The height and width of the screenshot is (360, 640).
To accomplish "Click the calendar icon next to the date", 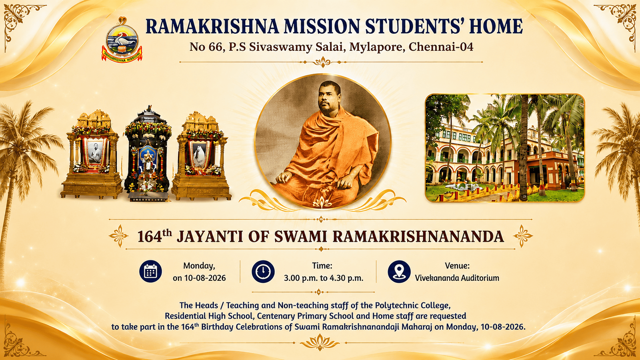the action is coord(150,271).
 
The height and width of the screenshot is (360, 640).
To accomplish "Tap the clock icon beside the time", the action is coord(263,271).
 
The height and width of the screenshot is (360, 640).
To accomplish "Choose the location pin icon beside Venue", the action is coord(399,271).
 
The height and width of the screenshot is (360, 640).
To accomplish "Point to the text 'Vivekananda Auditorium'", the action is coord(457,278).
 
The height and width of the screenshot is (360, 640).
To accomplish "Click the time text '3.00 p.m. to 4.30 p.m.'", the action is coord(324,278).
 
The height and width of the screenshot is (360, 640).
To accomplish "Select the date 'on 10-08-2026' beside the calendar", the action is coord(199,278).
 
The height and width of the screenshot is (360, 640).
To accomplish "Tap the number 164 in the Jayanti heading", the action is coord(150,237).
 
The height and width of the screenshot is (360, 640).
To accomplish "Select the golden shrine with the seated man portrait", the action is coord(92,154).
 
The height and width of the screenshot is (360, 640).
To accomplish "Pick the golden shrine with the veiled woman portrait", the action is coord(202,156).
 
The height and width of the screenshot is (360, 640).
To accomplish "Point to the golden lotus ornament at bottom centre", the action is coord(320,342).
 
